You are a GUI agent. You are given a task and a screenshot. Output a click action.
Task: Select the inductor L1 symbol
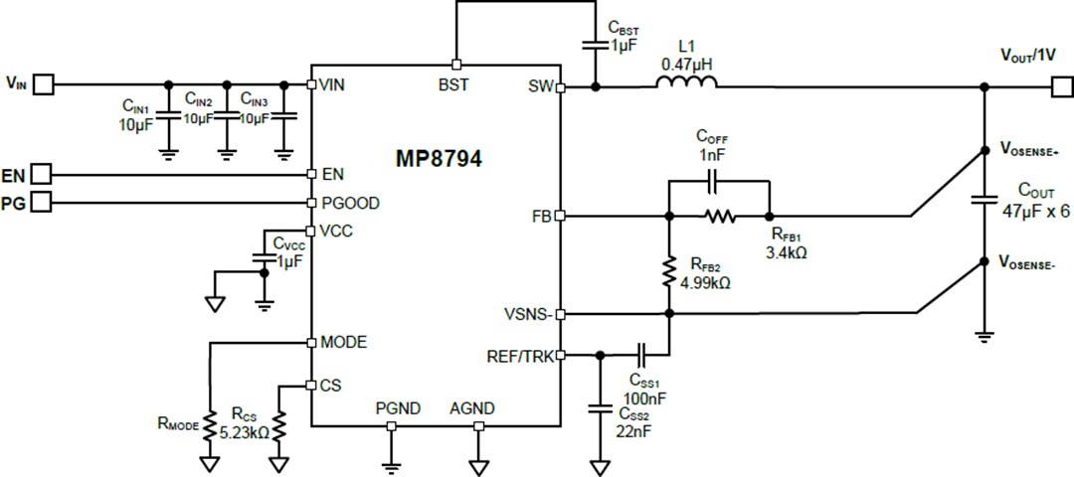tap(685, 86)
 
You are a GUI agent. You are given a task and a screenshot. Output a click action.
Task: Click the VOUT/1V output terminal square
tap(1061, 86)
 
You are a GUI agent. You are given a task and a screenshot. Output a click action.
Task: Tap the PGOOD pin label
tap(350, 203)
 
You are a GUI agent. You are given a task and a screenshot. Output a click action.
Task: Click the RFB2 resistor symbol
tap(668, 271)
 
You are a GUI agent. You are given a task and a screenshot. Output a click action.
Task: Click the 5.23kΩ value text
tap(245, 432)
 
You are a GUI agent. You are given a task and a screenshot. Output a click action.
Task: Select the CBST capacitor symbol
tap(596, 44)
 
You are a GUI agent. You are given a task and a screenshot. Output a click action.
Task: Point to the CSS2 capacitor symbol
tap(600, 406)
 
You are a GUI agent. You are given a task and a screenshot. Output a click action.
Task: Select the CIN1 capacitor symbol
tap(168, 117)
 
